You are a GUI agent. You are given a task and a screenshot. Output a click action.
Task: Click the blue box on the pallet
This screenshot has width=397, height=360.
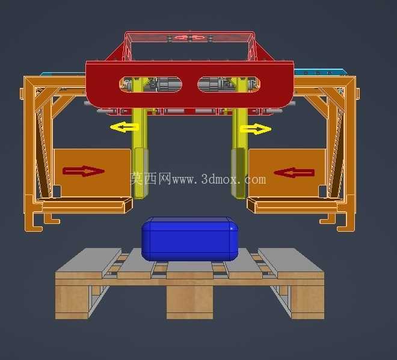[190, 239]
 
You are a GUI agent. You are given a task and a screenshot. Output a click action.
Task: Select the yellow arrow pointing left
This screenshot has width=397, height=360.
[125, 126]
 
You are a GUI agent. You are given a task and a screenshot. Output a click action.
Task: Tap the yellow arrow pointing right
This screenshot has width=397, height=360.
[256, 129]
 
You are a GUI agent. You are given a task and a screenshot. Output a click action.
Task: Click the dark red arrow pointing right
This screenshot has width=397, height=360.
[84, 171]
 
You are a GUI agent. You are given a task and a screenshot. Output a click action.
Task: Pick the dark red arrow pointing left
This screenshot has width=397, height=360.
[294, 173]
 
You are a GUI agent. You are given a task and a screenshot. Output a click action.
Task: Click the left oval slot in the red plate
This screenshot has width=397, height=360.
[150, 84]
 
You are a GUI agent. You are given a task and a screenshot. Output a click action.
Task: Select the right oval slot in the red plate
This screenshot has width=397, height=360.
[229, 84]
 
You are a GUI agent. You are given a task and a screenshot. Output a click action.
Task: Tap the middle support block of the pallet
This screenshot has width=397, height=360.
[190, 302]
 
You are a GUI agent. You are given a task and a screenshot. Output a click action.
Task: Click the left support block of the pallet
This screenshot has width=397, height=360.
[72, 302]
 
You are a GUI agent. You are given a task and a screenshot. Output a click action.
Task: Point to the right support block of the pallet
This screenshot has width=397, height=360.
[307, 302]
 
